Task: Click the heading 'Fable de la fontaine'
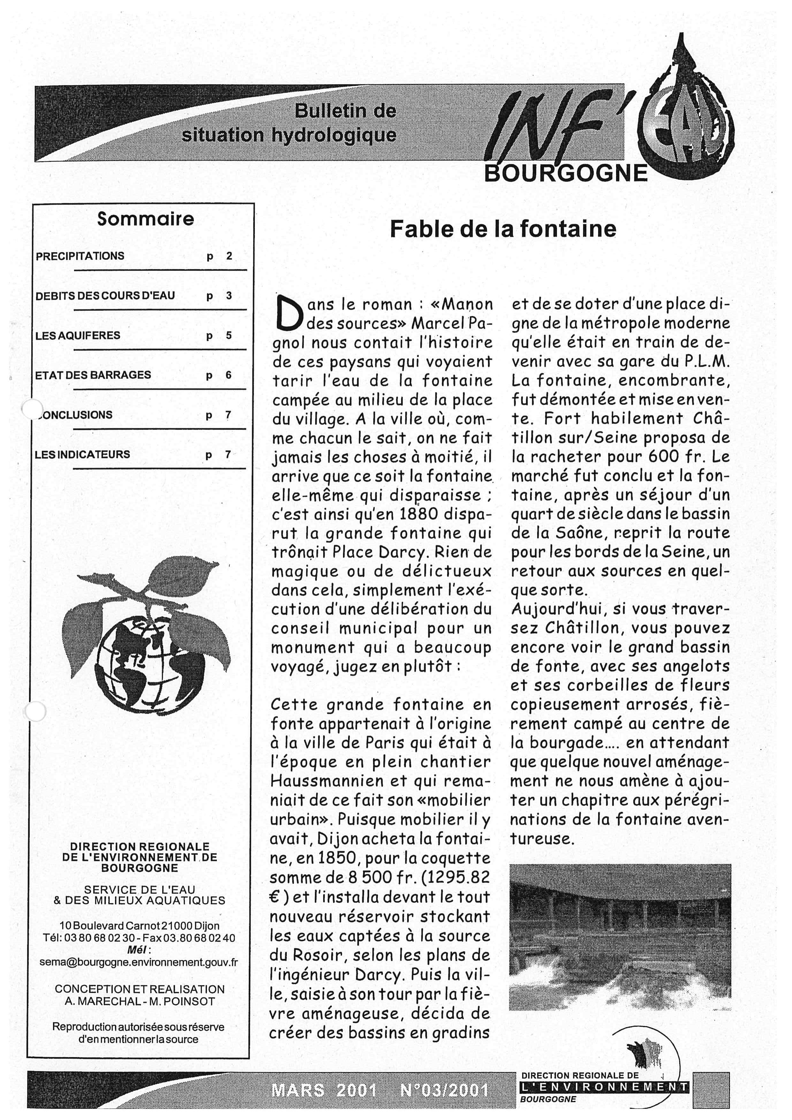[x=503, y=229]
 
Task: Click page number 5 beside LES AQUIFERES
[x=229, y=336]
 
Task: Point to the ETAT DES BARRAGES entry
[x=93, y=375]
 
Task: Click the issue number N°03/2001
[x=444, y=1090]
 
